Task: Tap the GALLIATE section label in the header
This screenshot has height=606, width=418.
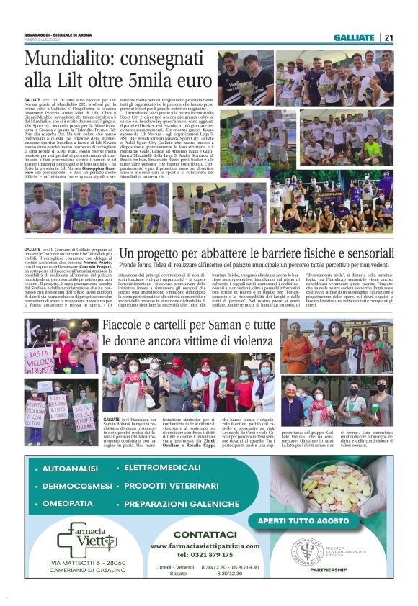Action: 354,37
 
